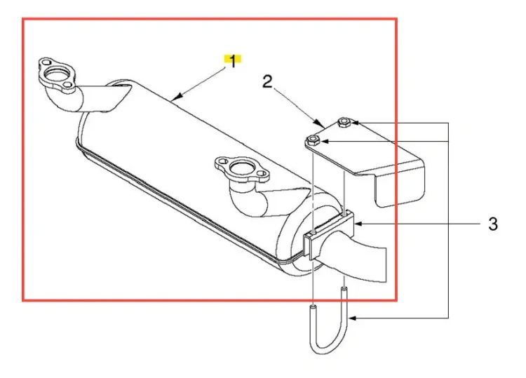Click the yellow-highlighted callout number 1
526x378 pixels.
tap(232, 61)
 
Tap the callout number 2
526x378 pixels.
tap(267, 81)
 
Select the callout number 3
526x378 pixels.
tap(493, 224)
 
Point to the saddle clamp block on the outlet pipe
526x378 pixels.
tap(329, 235)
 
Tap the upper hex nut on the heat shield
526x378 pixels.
tap(344, 122)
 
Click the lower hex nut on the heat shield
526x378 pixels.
tap(312, 140)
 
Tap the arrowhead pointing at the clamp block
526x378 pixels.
tap(358, 224)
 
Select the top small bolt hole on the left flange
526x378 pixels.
tap(46, 62)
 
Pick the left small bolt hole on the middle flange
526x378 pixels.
tap(222, 161)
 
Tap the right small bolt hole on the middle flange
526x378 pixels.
tap(262, 174)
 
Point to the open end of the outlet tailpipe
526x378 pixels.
tap(386, 265)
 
